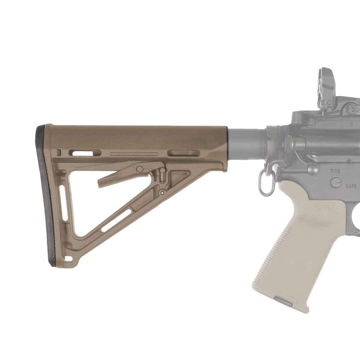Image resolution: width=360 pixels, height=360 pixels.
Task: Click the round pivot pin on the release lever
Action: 139,169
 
